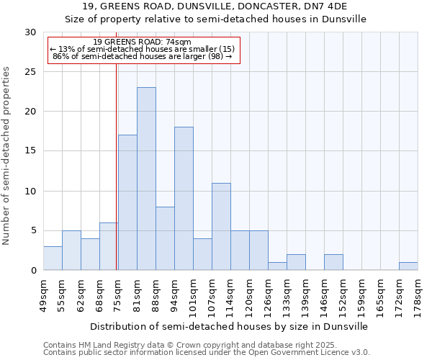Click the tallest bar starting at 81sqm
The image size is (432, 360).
[x=146, y=179]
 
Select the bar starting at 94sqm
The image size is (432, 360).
[x=184, y=199]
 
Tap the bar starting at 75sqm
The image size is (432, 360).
[x=127, y=202]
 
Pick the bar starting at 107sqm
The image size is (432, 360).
[x=221, y=226]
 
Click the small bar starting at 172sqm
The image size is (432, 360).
[x=408, y=266]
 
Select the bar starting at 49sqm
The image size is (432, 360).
[x=53, y=258]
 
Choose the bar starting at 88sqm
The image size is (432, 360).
[x=165, y=238]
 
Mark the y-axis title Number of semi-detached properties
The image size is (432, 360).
[x=7, y=156]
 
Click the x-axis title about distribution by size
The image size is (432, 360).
[x=230, y=326]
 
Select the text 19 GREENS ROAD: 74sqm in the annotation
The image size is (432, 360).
[x=142, y=42]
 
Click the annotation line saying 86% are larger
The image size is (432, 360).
[x=142, y=56]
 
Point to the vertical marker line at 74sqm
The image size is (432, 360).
[x=116, y=166]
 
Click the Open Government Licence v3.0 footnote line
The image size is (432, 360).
[x=207, y=352]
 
